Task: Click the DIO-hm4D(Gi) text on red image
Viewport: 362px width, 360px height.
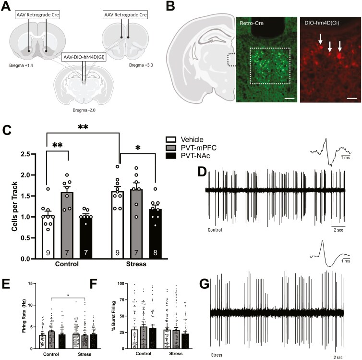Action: (x=320, y=22)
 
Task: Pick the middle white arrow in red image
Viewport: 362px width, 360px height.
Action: (x=330, y=48)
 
